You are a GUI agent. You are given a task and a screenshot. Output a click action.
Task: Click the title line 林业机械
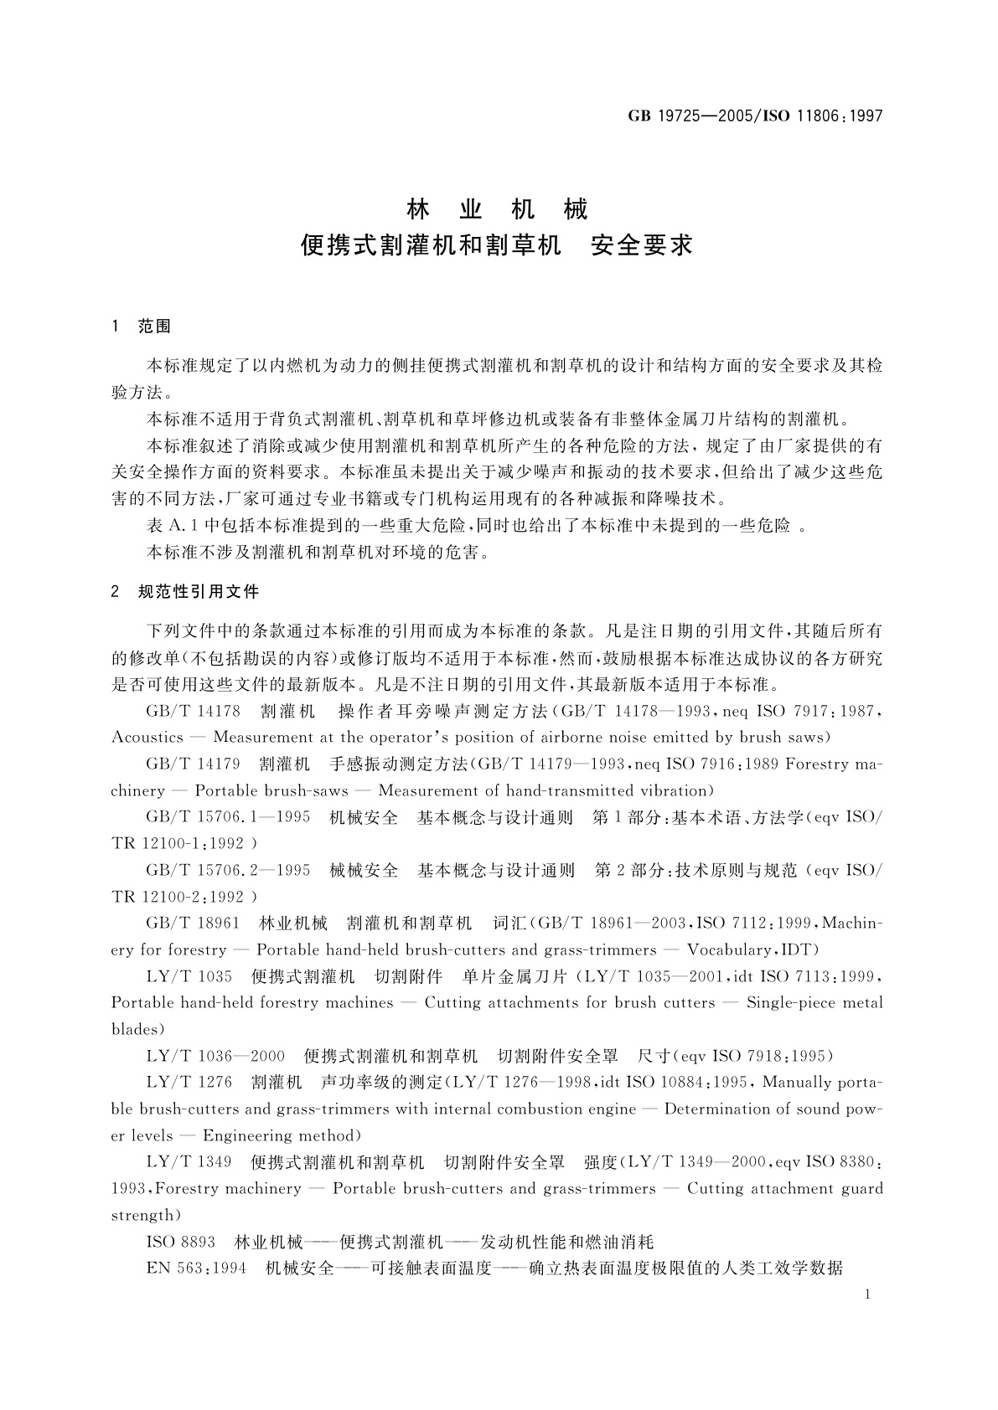click(x=498, y=209)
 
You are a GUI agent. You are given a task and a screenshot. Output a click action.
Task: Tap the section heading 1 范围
click(x=142, y=327)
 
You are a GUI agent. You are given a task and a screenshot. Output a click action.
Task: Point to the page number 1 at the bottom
click(x=867, y=1294)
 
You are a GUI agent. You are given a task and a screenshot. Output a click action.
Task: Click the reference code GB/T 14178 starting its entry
click(x=193, y=712)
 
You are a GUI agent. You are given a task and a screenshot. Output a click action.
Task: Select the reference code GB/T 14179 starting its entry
click(x=193, y=764)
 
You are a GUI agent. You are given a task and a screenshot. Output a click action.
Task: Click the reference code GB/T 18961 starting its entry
click(x=193, y=924)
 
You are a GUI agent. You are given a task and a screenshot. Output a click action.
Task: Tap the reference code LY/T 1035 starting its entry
click(x=189, y=976)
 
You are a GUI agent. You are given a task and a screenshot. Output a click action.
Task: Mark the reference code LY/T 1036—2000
click(x=215, y=1056)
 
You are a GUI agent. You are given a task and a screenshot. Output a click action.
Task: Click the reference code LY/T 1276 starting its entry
click(x=189, y=1083)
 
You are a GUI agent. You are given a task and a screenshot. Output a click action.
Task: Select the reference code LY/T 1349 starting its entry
click(x=189, y=1162)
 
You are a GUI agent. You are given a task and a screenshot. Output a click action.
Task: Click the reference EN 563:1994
click(x=196, y=1268)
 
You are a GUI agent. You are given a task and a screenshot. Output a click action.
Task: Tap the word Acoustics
click(x=147, y=738)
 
